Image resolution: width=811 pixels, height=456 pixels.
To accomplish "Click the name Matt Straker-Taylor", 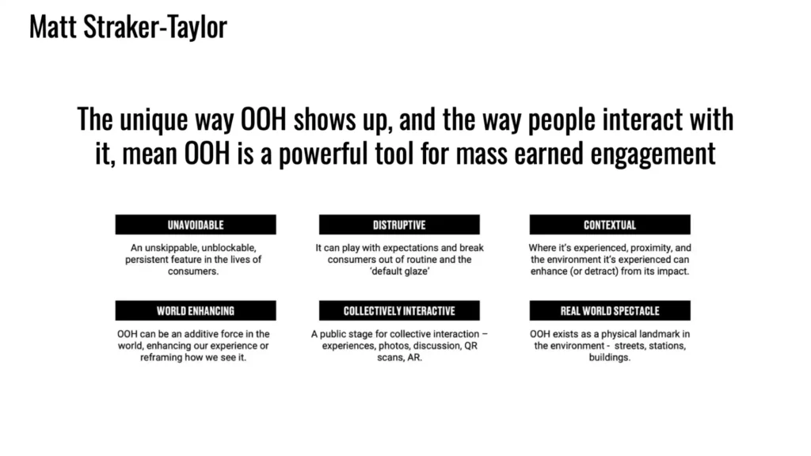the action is point(128,27).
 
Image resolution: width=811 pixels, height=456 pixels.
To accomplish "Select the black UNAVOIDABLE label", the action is point(196,225).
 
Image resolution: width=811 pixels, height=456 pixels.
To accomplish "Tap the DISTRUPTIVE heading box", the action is point(399,225).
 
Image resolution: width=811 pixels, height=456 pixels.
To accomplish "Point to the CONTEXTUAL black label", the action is point(610,225).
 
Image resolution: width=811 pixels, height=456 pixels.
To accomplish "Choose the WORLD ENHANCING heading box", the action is point(196,310).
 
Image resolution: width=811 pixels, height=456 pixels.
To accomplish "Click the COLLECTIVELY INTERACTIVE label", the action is point(399,310).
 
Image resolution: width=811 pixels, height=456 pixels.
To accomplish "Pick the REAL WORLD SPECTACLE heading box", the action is point(610,310).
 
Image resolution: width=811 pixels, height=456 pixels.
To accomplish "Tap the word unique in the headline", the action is point(154,120).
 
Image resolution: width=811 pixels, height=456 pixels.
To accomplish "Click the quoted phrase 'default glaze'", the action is point(400,272).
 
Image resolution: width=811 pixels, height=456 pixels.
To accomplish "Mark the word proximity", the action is point(649,248).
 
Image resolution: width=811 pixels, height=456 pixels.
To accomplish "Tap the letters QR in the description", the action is point(470,346).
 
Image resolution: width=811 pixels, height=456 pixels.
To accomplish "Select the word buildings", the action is point(610,358).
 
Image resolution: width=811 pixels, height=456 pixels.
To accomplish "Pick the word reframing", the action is point(161,358).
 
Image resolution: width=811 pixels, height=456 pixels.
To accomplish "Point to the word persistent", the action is point(148,260).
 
